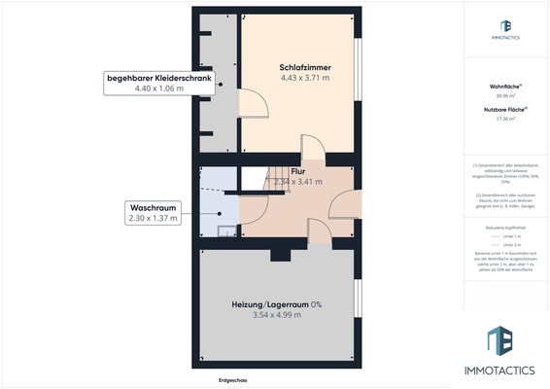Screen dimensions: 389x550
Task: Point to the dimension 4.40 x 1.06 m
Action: [x=159, y=88]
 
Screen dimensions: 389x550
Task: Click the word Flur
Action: [x=297, y=170]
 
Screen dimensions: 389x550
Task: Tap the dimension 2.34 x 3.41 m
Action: [x=297, y=181]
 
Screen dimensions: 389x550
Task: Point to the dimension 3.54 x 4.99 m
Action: [x=276, y=315]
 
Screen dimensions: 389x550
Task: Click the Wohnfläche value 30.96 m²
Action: [x=503, y=96]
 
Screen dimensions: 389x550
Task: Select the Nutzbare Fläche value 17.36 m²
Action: [x=503, y=120]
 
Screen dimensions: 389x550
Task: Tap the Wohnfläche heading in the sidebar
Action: [x=503, y=87]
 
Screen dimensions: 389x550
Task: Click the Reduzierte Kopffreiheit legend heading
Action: [x=503, y=226]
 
